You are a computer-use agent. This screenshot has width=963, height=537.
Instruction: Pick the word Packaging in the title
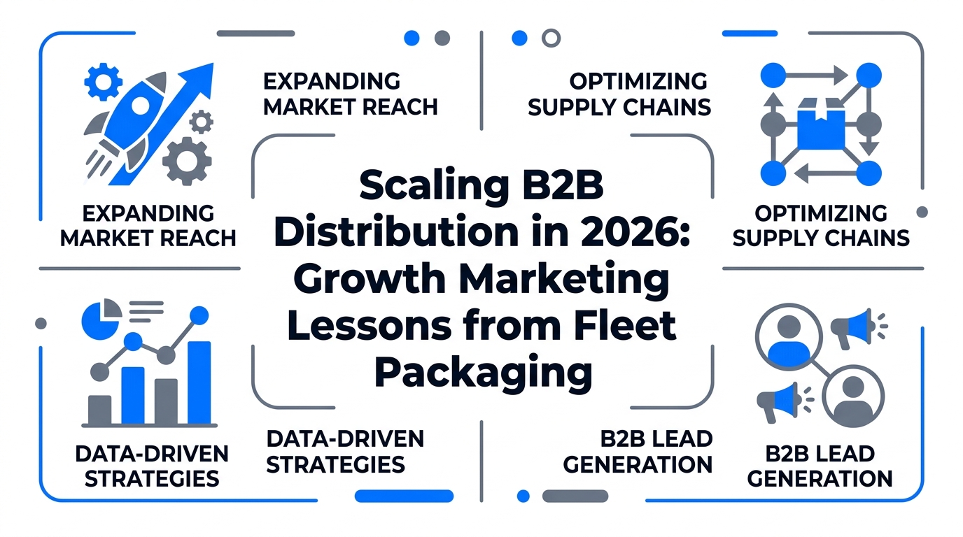tap(483, 372)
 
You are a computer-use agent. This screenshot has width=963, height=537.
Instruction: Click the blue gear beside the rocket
tap(102, 83)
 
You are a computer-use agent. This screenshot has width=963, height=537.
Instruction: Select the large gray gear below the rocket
tap(186, 160)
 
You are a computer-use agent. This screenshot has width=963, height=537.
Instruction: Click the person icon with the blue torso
tap(788, 337)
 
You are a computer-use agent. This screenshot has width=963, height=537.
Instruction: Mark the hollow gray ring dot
tap(551, 38)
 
